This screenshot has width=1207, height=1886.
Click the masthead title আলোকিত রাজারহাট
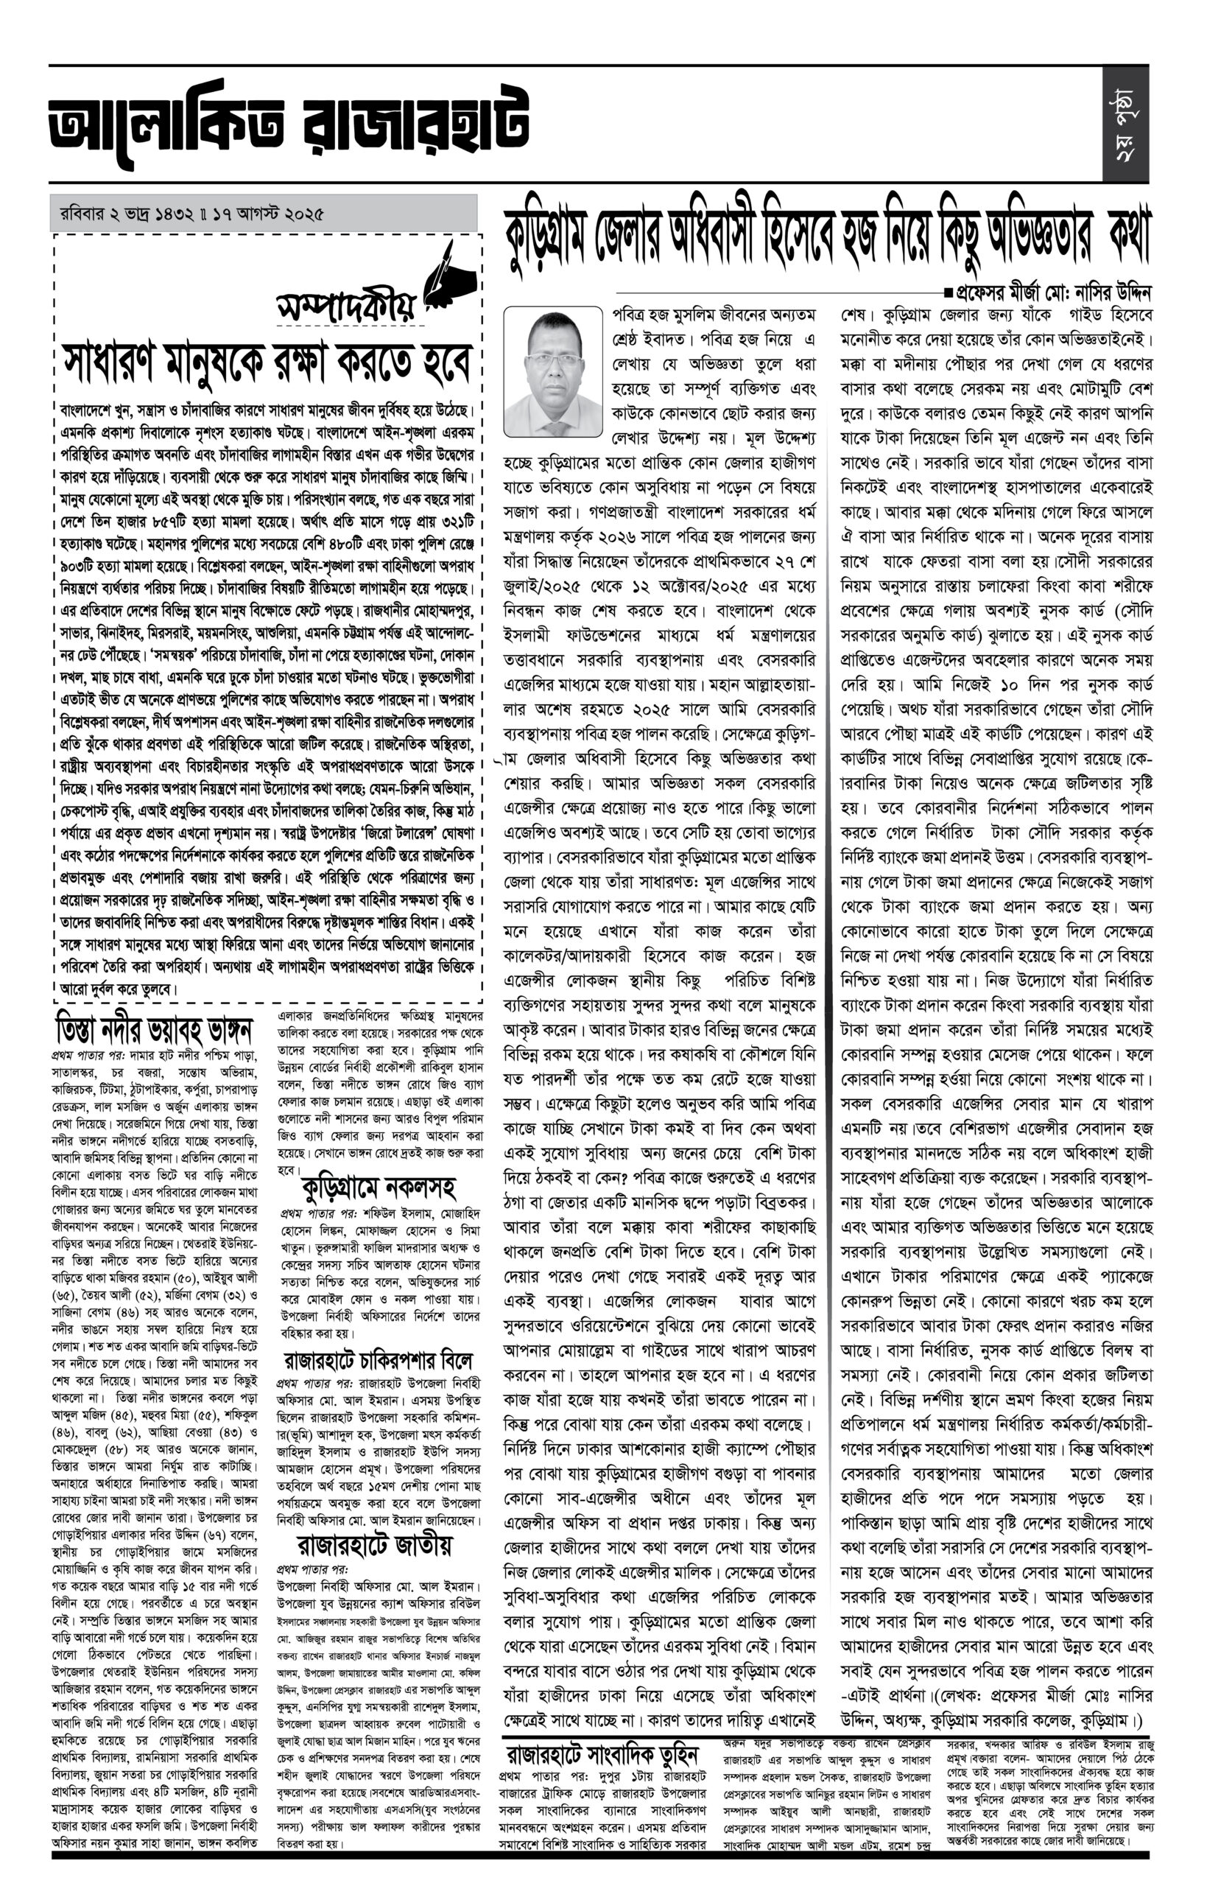[289, 125]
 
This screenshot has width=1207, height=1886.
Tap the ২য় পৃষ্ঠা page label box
[1125, 125]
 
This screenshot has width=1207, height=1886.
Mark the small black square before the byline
[949, 294]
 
